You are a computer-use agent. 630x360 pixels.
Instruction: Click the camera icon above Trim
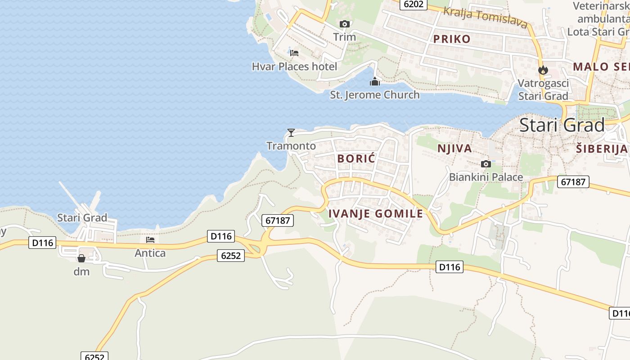[x=345, y=24]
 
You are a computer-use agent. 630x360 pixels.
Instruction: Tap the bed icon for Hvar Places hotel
[x=294, y=53]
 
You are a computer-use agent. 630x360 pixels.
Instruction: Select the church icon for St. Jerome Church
[x=375, y=81]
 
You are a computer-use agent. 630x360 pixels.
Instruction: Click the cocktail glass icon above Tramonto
[x=291, y=132]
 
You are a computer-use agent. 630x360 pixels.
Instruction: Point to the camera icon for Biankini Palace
[x=486, y=164]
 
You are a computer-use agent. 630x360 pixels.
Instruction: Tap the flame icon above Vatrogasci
[x=543, y=70]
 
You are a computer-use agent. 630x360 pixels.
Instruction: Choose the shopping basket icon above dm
[x=81, y=258]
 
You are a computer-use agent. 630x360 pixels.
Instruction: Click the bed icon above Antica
[x=150, y=240]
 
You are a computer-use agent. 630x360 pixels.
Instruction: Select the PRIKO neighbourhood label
[x=452, y=39]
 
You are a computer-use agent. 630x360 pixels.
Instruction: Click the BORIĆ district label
[x=356, y=158]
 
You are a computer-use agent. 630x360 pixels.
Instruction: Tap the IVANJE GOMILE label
[x=376, y=213]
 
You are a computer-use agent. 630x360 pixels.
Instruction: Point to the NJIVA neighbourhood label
[x=454, y=148]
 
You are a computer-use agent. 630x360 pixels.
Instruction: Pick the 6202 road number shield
[x=414, y=4]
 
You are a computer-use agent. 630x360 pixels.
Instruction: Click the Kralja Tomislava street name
[x=485, y=18]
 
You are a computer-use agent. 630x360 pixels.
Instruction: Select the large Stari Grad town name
[x=562, y=125]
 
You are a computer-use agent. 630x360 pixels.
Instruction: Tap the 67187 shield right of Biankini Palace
[x=573, y=182]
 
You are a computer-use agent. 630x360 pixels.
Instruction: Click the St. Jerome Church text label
[x=375, y=95]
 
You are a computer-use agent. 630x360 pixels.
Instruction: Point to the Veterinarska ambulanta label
[x=601, y=19]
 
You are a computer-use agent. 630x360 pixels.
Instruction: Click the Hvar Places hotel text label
[x=294, y=67]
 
